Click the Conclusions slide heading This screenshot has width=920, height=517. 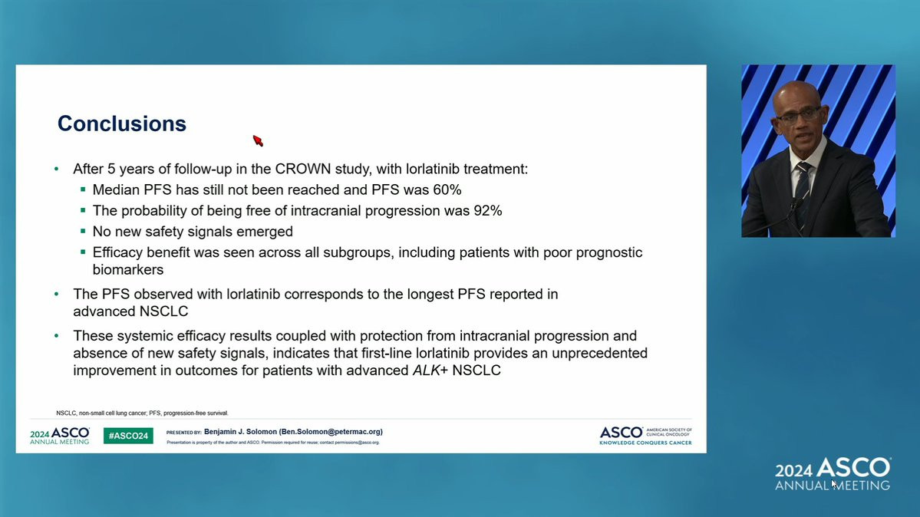point(121,123)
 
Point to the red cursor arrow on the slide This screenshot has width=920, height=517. point(258,141)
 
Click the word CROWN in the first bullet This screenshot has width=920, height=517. point(303,169)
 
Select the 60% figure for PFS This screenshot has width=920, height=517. point(447,190)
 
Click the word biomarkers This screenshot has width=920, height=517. point(128,270)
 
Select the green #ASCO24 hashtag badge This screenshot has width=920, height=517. point(128,436)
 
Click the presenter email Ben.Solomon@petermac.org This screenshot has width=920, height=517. point(331,432)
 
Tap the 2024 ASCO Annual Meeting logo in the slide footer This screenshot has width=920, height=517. point(60,436)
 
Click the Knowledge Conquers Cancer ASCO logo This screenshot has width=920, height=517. point(645,436)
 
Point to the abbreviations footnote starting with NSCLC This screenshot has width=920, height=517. point(142,413)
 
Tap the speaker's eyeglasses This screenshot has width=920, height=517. point(797,116)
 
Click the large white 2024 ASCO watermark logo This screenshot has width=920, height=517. point(833,473)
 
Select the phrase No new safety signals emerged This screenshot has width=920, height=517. point(193,232)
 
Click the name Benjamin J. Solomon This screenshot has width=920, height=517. point(240,432)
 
